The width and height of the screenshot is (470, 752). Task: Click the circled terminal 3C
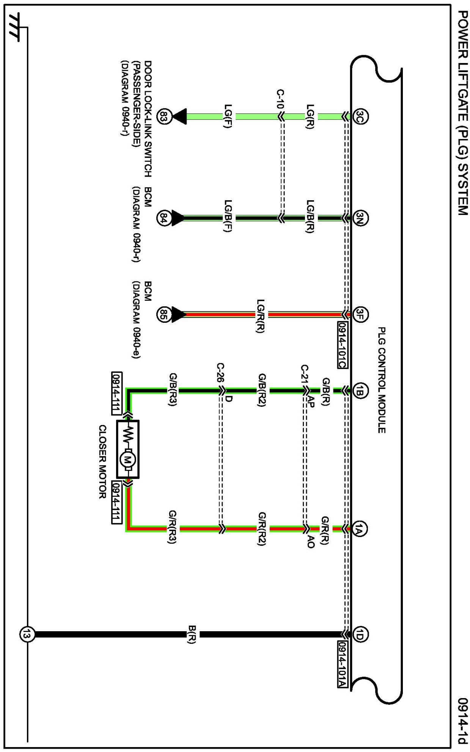360,116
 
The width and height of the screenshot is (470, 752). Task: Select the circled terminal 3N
360,218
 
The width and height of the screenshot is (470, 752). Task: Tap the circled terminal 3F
360,314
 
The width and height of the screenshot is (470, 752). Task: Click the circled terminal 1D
360,634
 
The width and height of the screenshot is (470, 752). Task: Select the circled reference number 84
164,218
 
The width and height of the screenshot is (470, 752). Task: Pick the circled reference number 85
164,314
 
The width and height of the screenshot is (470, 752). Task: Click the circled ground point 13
27,634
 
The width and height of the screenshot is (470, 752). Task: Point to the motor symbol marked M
127,460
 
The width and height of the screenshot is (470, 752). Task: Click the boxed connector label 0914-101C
342,345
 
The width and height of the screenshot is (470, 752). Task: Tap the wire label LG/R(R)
261,316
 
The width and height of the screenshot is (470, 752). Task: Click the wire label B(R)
192,634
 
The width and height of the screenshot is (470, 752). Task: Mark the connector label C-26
220,373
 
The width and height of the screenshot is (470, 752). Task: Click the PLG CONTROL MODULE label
382,380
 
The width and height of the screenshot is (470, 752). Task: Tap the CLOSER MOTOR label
102,461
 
